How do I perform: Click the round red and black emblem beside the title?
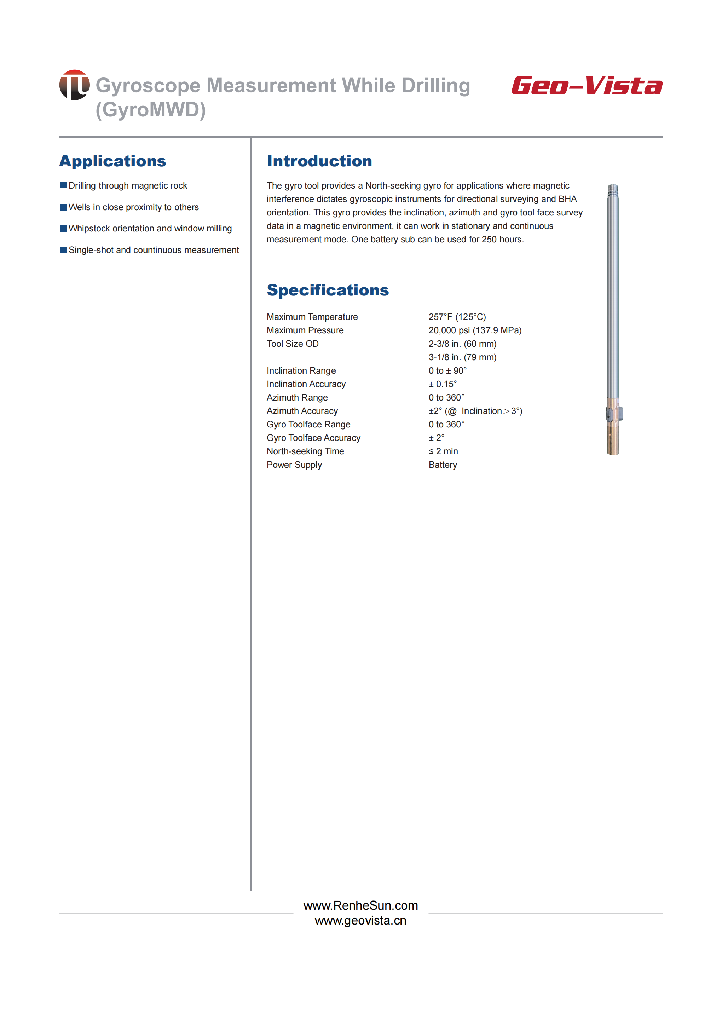pos(74,85)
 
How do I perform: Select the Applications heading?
pos(112,161)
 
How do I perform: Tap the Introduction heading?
pos(319,161)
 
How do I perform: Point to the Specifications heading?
pos(328,290)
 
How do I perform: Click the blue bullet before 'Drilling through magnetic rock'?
pos(63,185)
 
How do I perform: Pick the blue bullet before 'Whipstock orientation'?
pos(63,228)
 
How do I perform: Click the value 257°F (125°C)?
pos(457,317)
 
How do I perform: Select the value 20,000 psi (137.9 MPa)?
pos(475,330)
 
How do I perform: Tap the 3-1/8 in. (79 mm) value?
pos(462,357)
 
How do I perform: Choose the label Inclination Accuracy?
pos(306,384)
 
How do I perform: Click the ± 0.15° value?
pos(442,384)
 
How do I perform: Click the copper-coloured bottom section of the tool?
pos(613,438)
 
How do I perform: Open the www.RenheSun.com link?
pos(360,905)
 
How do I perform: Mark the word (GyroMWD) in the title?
pos(151,110)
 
